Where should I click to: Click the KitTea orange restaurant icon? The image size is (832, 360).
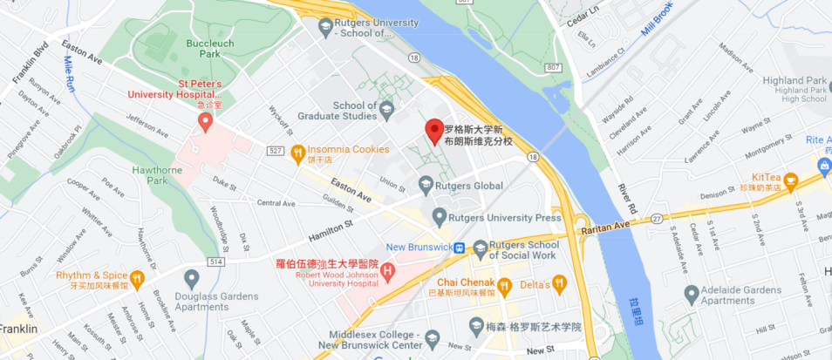tap(791, 181)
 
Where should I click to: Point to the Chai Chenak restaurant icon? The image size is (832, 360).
tap(503, 284)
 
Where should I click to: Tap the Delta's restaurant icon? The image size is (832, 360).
tap(559, 284)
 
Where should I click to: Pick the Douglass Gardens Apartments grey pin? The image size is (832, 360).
tap(192, 277)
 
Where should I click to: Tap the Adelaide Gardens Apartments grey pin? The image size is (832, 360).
tap(692, 293)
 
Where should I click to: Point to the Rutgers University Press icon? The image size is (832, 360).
tap(440, 215)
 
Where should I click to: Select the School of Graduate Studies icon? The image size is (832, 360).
tap(387, 109)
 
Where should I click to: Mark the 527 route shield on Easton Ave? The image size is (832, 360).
tap(276, 150)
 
